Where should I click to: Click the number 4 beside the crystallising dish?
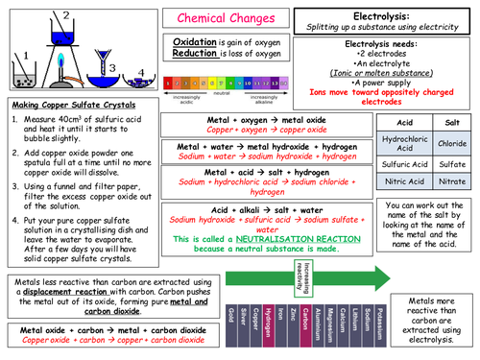(x=113, y=70)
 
